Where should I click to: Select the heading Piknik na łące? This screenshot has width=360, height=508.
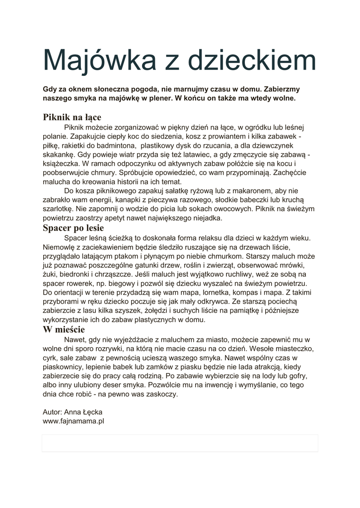coord(72,117)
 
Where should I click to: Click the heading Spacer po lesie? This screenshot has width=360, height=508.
coord(73,228)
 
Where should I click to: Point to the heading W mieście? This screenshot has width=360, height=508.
coord(64,329)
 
